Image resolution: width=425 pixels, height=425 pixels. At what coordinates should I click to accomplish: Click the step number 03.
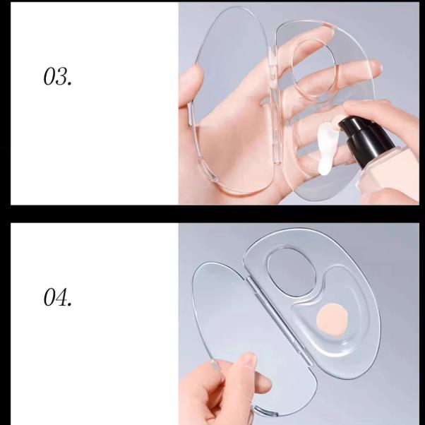click(x=57, y=76)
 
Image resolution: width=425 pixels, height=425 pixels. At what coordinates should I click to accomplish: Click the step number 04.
click(x=58, y=299)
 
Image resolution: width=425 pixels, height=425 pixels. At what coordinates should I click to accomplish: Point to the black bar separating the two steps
click(x=212, y=213)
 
